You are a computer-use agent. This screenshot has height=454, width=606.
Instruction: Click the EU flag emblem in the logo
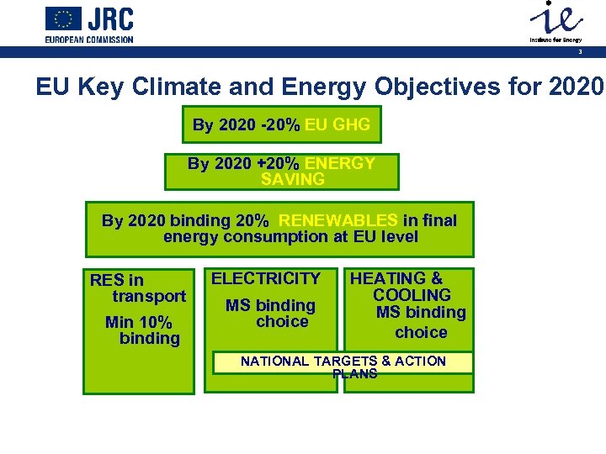[63, 19]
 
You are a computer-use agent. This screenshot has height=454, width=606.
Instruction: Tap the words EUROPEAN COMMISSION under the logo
[89, 40]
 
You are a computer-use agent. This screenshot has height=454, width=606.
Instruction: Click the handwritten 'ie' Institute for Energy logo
[553, 19]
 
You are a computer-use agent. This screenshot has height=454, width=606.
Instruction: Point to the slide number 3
[580, 52]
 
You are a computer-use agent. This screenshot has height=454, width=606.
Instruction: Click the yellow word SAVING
[292, 179]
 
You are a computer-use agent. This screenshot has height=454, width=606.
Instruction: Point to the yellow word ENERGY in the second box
[340, 163]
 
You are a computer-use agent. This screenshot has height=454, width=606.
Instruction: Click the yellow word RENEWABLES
[338, 220]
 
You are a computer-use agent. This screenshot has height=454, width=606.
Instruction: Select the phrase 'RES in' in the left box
[117, 280]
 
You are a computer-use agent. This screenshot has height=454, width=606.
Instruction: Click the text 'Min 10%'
[138, 322]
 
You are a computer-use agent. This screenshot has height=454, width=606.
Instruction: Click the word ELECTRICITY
[265, 278]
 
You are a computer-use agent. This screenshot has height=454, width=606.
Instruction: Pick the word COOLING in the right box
[412, 295]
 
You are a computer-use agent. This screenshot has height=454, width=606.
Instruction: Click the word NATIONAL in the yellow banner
[274, 361]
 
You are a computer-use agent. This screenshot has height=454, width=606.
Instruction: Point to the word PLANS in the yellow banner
[354, 374]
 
